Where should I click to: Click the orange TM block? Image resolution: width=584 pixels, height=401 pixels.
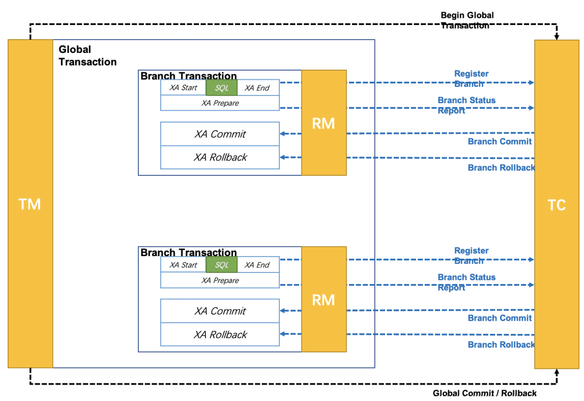pyautogui.click(x=30, y=203)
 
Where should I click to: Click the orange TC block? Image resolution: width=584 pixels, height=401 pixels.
pyautogui.click(x=557, y=204)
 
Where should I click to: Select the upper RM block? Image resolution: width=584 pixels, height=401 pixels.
pyautogui.click(x=324, y=123)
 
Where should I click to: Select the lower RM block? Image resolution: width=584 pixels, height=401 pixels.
pyautogui.click(x=324, y=299)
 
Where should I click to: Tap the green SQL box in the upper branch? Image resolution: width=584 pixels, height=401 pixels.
pyautogui.click(x=222, y=88)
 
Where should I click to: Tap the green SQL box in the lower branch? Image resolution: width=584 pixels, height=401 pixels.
pyautogui.click(x=222, y=265)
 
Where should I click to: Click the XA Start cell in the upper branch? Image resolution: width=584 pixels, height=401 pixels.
pyautogui.click(x=183, y=88)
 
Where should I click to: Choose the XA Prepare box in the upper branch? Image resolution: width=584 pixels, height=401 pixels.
pyautogui.click(x=220, y=103)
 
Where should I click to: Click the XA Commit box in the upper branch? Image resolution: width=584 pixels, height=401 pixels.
pyautogui.click(x=220, y=134)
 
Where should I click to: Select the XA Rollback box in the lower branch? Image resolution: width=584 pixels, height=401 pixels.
pyautogui.click(x=220, y=334)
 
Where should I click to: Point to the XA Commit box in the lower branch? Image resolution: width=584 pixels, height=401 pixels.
pyautogui.click(x=220, y=311)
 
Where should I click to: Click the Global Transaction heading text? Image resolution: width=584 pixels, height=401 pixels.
pyautogui.click(x=87, y=55)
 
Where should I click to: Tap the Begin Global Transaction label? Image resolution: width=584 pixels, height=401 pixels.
pyautogui.click(x=468, y=20)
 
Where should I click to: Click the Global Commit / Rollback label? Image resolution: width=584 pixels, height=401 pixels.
pyautogui.click(x=485, y=393)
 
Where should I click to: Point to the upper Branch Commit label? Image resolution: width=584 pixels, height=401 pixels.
pyautogui.click(x=500, y=141)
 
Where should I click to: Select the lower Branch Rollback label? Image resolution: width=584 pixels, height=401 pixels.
pyautogui.click(x=501, y=345)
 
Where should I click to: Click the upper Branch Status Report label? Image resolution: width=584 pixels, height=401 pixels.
pyautogui.click(x=466, y=105)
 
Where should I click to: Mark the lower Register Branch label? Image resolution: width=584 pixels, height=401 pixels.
pyautogui.click(x=472, y=256)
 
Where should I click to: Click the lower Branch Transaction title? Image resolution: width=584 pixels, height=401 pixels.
pyautogui.click(x=188, y=253)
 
